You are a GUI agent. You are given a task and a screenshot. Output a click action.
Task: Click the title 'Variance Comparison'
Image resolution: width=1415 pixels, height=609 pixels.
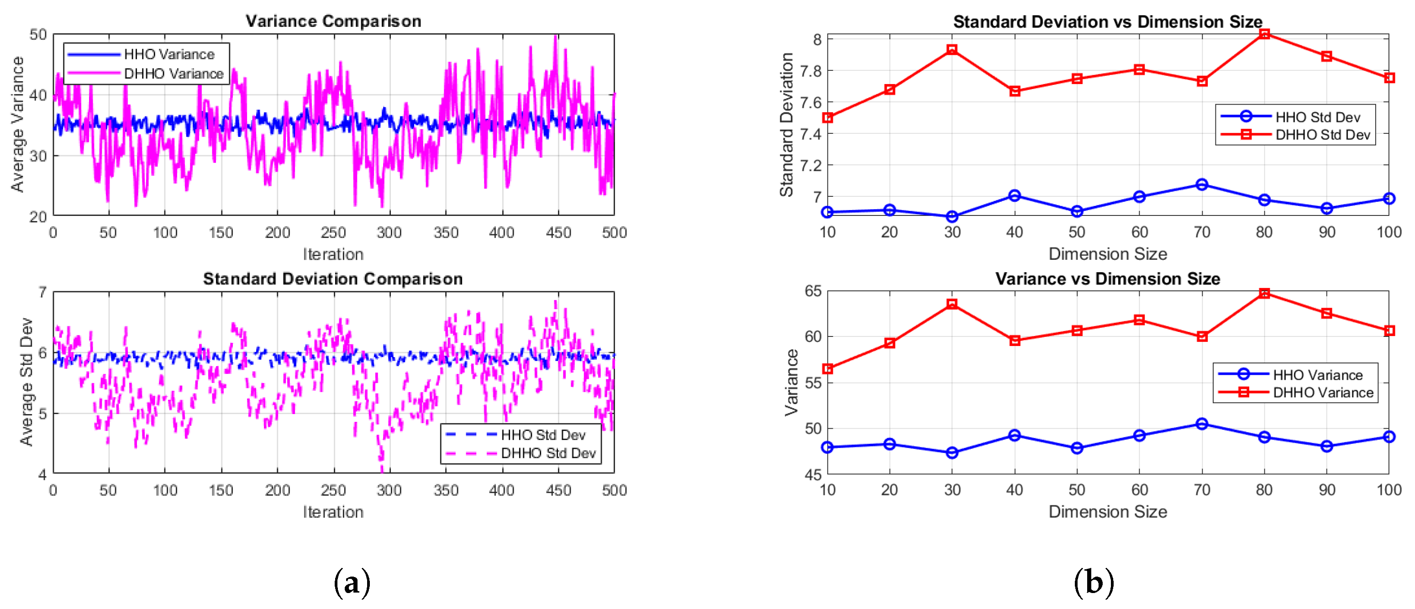(333, 21)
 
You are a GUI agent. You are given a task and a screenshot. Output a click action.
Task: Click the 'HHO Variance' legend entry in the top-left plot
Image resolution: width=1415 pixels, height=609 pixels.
(168, 54)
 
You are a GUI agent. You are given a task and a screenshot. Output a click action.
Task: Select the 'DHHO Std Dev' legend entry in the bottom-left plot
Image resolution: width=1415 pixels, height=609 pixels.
(547, 453)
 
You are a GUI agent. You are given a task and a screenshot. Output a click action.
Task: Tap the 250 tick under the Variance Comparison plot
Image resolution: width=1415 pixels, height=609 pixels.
(333, 233)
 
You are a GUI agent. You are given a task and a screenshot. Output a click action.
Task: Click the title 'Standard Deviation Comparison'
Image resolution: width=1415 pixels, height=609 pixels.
(333, 279)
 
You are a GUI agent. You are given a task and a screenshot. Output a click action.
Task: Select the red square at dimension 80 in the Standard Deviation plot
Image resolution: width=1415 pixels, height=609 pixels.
(1264, 34)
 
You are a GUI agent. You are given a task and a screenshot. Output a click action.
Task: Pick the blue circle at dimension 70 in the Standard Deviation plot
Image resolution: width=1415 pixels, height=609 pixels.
(1202, 184)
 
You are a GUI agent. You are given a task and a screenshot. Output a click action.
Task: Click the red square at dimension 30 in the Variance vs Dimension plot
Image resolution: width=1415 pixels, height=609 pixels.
(952, 304)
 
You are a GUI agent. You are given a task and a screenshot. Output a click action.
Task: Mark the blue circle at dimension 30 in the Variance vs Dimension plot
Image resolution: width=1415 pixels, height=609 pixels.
(952, 453)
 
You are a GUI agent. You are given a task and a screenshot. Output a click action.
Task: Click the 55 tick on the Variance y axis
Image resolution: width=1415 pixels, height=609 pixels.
(813, 383)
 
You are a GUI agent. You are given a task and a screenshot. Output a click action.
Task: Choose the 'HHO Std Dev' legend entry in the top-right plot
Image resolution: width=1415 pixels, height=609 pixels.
(1317, 117)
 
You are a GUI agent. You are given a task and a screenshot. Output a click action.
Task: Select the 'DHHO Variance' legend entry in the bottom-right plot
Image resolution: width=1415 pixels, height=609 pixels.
(1323, 393)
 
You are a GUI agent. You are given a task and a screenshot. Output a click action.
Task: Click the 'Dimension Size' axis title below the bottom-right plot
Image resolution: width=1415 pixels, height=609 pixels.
(1107, 512)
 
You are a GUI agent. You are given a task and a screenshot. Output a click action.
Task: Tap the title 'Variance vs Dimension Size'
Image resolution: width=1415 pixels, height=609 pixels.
(1107, 279)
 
